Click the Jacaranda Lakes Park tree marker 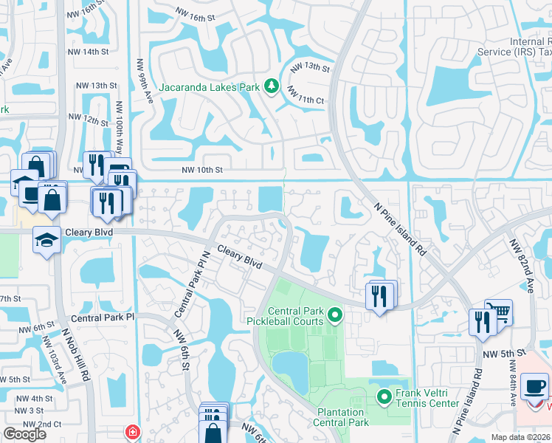[x=271, y=87]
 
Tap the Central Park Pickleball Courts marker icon [x=334, y=316]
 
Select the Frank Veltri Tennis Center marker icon [x=384, y=399]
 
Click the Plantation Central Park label [x=340, y=417]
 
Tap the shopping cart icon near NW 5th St [x=499, y=313]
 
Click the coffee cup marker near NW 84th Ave [x=534, y=385]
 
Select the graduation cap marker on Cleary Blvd [x=47, y=239]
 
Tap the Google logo [x=25, y=434]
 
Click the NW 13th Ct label [x=310, y=67]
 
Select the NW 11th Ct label [x=306, y=96]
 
